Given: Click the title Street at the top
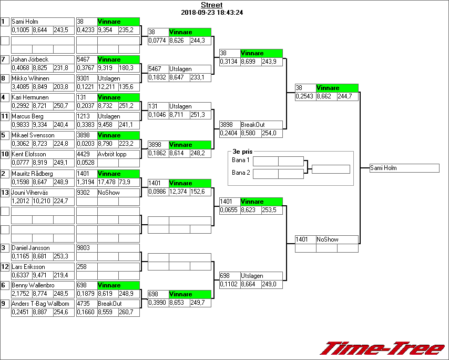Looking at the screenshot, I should coord(211,5).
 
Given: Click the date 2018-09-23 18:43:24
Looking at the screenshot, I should coord(211,13).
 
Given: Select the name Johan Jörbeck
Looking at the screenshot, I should coord(29,59).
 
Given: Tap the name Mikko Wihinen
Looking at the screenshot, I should coord(30,78).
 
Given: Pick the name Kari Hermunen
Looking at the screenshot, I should coord(30,97).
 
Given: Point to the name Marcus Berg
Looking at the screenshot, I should coord(27,116).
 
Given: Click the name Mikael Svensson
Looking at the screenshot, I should coord(33,135).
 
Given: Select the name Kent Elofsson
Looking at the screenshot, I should coord(29,154).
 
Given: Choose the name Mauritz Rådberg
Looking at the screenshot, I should coord(33,174).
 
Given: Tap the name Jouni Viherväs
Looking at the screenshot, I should coord(30,193).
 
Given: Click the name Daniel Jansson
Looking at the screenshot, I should coord(30,248).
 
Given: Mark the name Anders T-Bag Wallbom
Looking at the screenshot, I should coord(40,304).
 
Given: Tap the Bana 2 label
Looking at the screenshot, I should coord(241,172).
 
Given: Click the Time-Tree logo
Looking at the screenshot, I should coord(382,348).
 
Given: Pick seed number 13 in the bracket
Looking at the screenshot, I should coord(5,193).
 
